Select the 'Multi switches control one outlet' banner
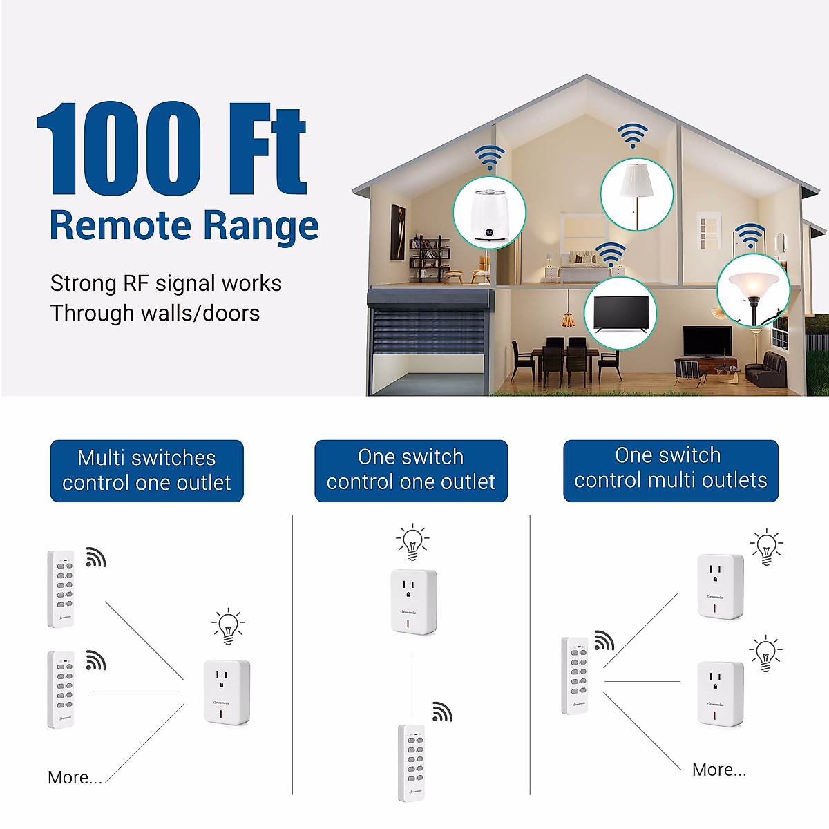[x=146, y=470]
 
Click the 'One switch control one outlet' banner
[x=411, y=470]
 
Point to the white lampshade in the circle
[x=636, y=181]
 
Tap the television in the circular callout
[x=620, y=314]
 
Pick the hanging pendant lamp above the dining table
[x=568, y=319]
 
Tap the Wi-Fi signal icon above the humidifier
[x=489, y=158]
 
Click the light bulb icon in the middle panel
[x=412, y=542]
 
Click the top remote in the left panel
[x=61, y=588]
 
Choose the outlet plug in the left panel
[x=227, y=692]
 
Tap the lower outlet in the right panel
[x=720, y=693]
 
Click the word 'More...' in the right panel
[x=718, y=770]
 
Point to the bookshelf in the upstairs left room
[x=430, y=258]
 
